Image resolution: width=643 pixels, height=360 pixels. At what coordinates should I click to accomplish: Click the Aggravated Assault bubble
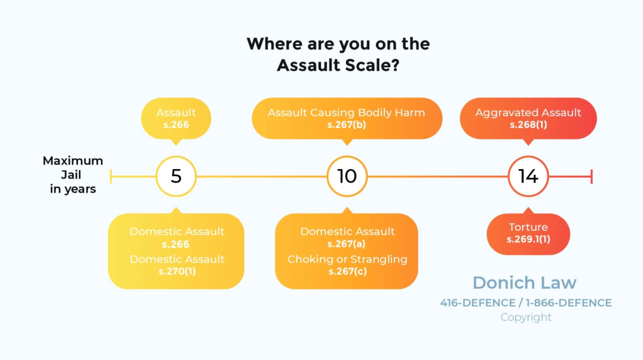528,119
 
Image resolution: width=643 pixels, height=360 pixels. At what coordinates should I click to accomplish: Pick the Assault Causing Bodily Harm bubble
347,119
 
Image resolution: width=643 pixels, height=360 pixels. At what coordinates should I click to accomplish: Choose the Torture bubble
528,233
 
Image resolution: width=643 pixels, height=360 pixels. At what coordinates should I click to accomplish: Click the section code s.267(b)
347,125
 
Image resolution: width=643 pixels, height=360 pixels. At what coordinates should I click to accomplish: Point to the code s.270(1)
177,271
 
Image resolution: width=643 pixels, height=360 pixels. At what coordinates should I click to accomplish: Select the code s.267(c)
347,271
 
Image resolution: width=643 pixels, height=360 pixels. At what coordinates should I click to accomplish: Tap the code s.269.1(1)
528,239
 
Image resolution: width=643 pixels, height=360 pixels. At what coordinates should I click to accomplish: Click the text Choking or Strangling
347,259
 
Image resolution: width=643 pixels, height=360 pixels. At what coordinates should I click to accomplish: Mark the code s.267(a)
347,244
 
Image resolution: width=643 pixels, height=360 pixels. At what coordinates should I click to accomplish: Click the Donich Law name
524,283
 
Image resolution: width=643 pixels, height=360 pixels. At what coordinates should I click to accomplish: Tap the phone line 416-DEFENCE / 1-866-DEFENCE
526,303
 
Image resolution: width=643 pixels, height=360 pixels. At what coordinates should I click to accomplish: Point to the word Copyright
526,317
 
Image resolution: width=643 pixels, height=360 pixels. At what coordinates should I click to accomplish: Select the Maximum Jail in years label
73,175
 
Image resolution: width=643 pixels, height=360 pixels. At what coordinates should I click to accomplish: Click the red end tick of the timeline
592,177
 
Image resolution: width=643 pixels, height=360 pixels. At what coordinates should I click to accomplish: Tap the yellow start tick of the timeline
111,177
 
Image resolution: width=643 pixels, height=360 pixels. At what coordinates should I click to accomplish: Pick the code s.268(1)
528,125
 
